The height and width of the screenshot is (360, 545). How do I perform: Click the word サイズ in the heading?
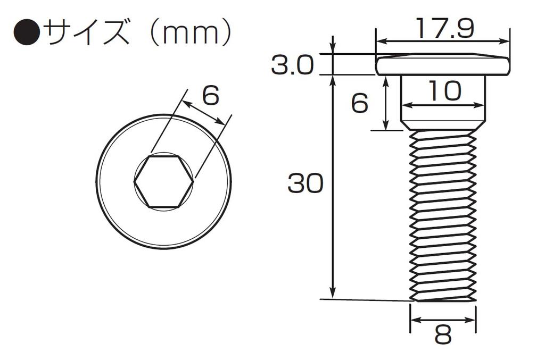pos(86,33)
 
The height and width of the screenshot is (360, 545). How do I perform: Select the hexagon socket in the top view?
pos(163,181)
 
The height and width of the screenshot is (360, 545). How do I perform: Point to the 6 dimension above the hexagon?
pos(211,96)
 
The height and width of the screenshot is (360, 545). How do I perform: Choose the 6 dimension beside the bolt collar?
pos(360,103)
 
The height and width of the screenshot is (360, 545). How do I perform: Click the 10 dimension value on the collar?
pos(443,92)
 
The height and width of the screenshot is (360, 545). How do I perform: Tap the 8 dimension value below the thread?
pos(443,335)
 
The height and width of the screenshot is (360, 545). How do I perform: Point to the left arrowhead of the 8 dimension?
pos(415,320)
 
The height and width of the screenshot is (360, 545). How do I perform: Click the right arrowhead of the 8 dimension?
pos(471,320)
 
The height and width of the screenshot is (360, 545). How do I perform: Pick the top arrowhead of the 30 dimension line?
pos(333,80)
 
